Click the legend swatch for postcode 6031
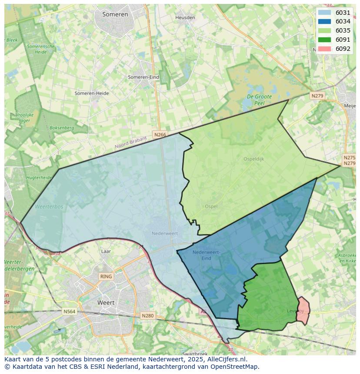[x=324, y=13]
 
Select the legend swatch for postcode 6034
[x=324, y=22]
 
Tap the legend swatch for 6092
[x=324, y=49]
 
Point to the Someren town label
[x=115, y=14]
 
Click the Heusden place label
[x=185, y=17]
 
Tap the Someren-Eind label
[x=143, y=77]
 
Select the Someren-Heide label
[x=92, y=93]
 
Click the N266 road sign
[x=160, y=135]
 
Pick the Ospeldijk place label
[x=253, y=159]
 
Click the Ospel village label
[x=211, y=207]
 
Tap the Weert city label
[x=106, y=303]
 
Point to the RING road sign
[x=106, y=276]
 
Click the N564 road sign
[x=69, y=311]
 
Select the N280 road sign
[x=147, y=316]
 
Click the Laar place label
[x=106, y=252]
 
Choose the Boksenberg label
[x=62, y=128]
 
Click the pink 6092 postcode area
[x=303, y=311]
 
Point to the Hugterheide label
[x=39, y=178]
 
